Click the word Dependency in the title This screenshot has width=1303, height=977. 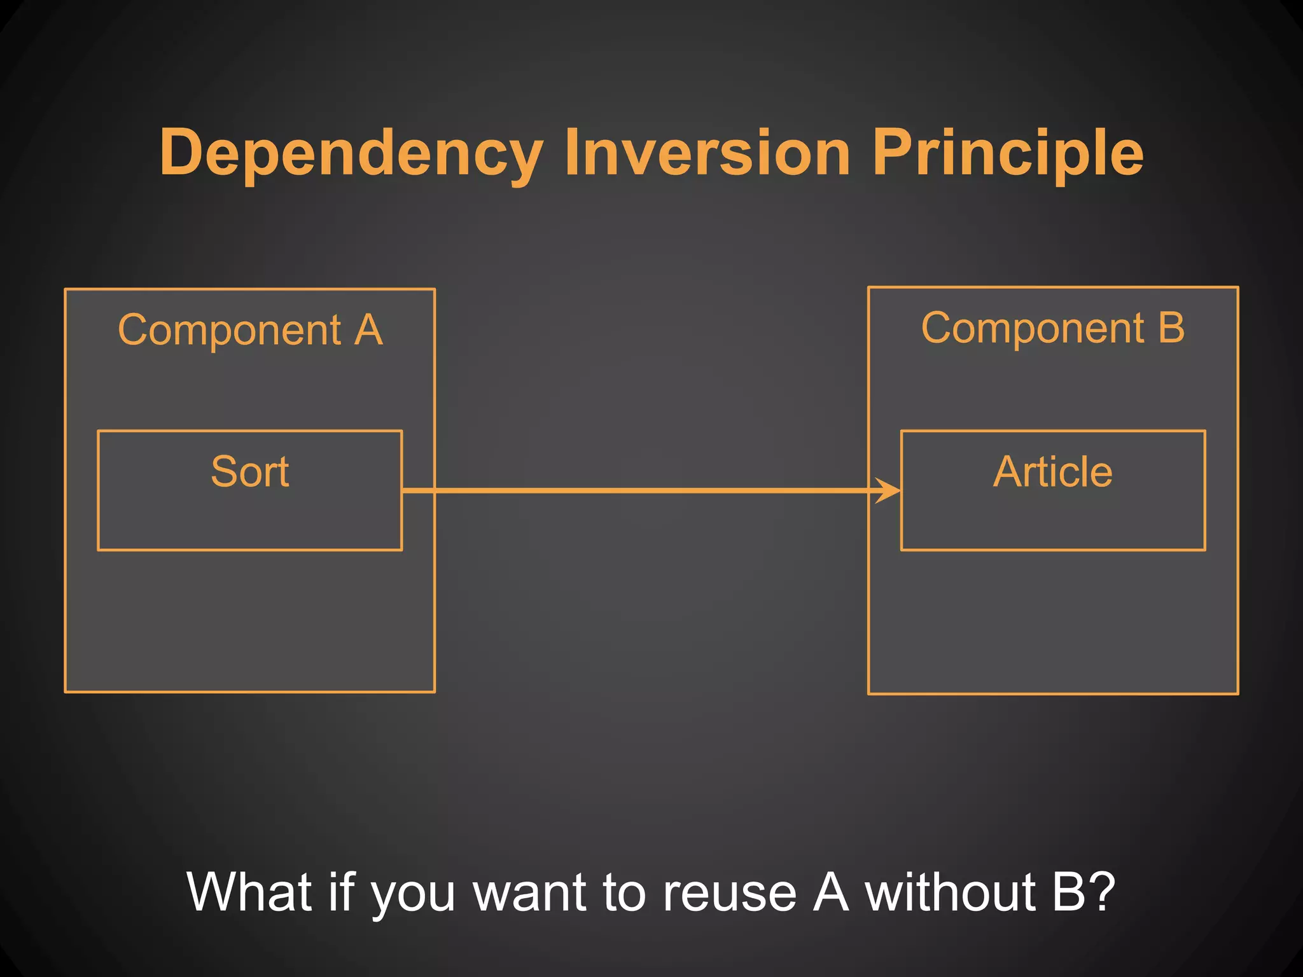click(351, 154)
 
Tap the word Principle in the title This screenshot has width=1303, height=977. click(1008, 154)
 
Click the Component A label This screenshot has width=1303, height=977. click(250, 330)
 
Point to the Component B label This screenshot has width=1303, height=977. click(1053, 328)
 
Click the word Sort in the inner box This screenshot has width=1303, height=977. click(250, 472)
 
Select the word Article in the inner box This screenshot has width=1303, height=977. click(1053, 472)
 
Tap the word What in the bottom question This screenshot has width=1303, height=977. click(249, 892)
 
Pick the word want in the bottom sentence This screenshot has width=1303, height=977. click(531, 892)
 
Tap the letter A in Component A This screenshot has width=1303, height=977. click(368, 330)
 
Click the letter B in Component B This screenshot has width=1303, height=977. click(1171, 328)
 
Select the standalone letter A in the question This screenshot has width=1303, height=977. click(831, 892)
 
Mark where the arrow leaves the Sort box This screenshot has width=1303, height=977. click(403, 490)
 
